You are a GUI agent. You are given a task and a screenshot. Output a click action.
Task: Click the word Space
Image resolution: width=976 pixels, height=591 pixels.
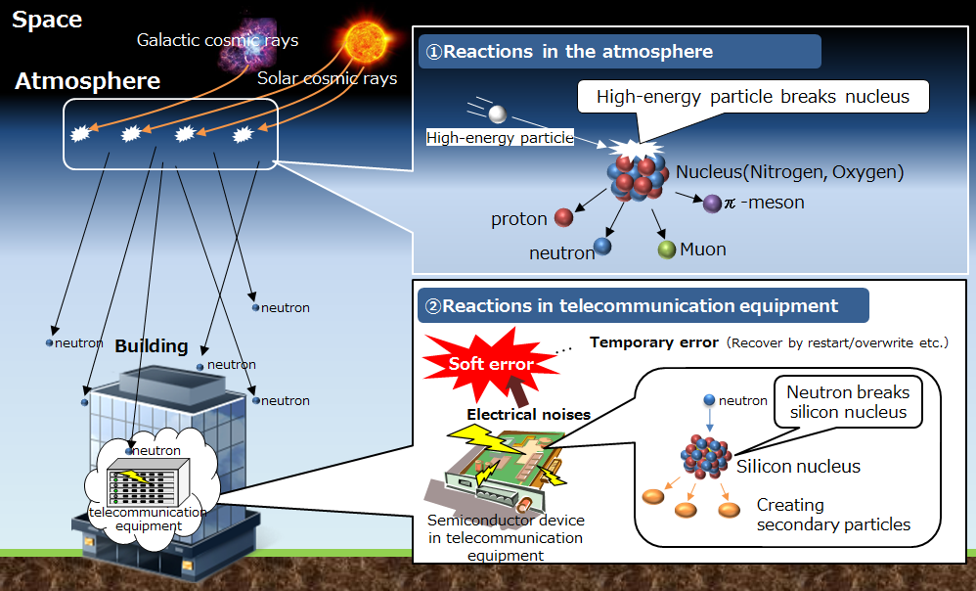47,20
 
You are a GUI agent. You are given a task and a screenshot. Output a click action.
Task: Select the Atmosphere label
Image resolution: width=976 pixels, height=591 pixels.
87,81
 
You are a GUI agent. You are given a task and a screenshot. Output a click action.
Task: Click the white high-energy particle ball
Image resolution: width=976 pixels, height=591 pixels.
498,114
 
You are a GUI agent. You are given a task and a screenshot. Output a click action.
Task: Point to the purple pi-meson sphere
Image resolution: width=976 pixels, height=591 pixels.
712,203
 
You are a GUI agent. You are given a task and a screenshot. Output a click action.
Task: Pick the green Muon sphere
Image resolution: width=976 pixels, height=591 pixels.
667,250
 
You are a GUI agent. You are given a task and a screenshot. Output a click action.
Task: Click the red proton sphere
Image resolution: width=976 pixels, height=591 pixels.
563,217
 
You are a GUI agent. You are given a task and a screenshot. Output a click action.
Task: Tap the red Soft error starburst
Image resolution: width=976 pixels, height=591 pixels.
491,364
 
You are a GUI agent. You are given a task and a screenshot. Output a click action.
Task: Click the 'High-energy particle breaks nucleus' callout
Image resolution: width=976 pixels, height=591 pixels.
753,97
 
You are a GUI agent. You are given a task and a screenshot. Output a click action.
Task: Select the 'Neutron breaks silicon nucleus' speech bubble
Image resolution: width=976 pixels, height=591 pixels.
848,402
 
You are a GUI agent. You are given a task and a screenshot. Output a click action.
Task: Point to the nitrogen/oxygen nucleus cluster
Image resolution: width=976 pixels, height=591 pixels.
636,177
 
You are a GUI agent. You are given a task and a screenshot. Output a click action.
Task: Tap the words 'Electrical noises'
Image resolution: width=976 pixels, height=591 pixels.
528,415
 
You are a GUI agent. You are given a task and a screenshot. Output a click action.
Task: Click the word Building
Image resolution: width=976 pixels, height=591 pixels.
152,346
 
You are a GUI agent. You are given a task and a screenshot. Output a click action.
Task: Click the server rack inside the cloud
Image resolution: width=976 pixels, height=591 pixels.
148,481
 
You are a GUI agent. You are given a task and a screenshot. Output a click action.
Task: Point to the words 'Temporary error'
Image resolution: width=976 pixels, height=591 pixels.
654,342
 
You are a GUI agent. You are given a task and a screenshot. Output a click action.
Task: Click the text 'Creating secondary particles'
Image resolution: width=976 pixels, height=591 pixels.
833,515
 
